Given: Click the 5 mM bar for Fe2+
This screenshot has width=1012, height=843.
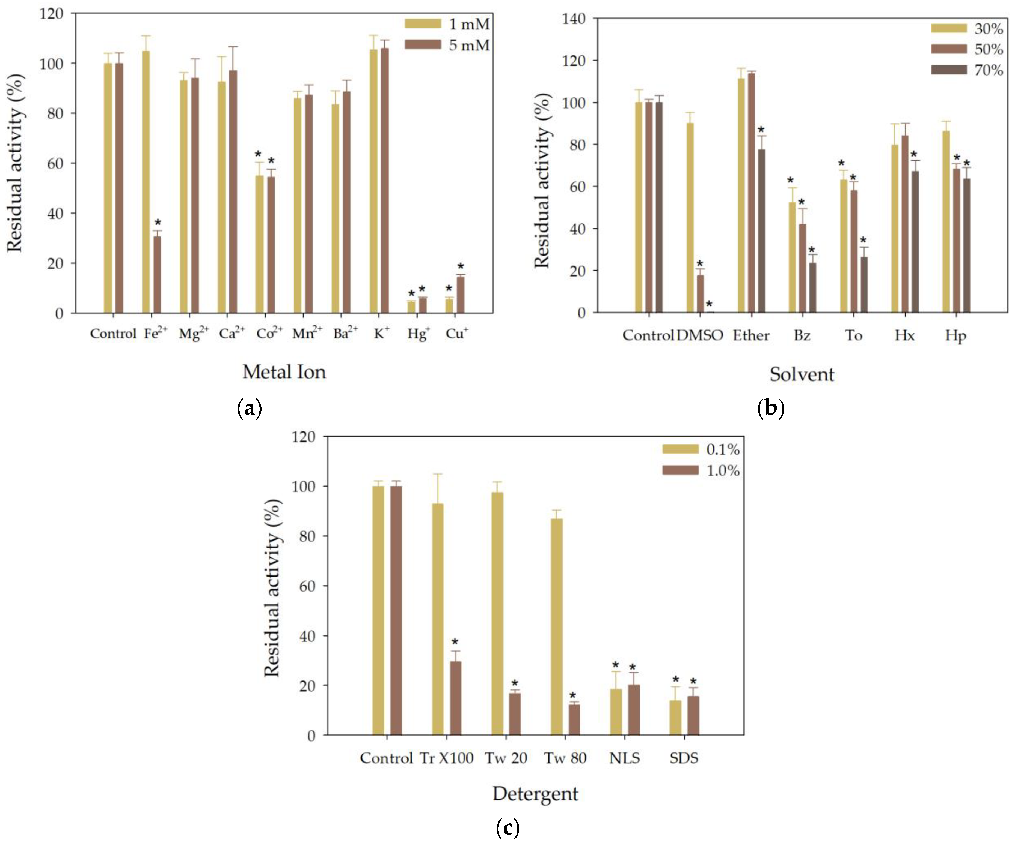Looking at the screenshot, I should coord(157,274).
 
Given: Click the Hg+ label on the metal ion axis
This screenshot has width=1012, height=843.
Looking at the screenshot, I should coord(418,334).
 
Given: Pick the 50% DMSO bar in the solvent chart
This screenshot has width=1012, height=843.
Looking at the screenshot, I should coord(700,294).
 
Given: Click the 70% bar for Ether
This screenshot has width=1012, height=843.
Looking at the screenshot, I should coord(761,231).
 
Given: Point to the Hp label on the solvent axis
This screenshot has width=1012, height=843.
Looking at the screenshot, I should coord(955,335).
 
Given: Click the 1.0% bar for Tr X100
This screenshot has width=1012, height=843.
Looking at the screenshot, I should coord(455,698).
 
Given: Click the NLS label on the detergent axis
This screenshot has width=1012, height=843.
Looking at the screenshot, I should coord(625,758).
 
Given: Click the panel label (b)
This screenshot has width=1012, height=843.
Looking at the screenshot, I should coord(771,408).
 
